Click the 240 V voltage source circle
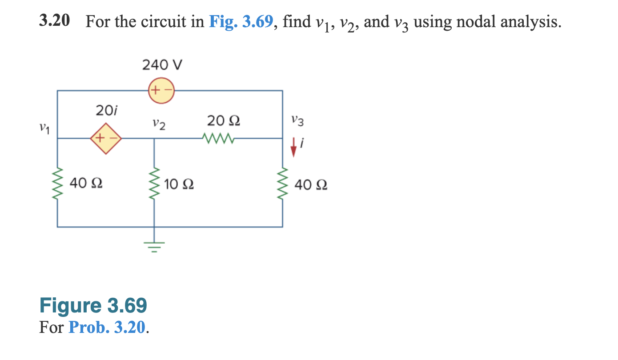161,91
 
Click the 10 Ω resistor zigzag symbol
154,183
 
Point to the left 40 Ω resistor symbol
57,183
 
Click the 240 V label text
162,65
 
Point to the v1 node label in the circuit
43,129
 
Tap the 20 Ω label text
224,120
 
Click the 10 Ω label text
178,184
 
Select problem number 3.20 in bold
54,21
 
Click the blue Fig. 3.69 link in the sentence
241,21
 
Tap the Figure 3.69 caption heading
93,306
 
